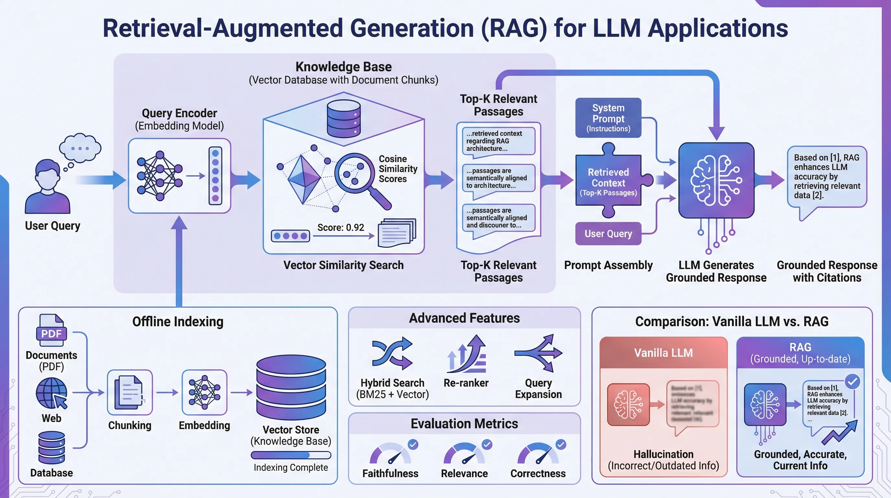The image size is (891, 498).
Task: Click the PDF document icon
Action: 51,330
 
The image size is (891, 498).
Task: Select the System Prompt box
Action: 608,118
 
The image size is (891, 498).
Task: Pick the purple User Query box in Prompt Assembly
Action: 608,234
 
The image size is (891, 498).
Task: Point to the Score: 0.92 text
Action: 340,228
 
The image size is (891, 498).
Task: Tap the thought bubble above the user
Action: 80,148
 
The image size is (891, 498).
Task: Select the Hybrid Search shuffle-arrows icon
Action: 392,353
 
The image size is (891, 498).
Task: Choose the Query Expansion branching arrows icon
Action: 539,353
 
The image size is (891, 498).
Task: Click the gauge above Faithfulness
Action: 390,454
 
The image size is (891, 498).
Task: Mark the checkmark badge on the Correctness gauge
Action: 561,444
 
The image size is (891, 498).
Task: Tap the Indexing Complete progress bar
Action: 290,455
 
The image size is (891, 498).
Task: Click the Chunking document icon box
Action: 130,392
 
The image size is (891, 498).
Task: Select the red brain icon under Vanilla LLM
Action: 628,405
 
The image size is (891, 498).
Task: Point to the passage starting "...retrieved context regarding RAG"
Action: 498,141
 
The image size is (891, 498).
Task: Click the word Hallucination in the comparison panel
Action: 663,454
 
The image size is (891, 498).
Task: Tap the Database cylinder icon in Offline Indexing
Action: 51,447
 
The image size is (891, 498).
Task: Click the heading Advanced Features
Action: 464,318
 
